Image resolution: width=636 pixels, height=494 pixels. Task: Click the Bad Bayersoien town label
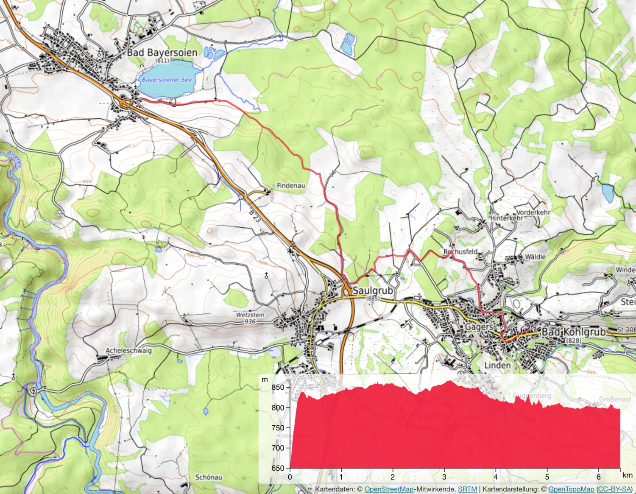pyautogui.click(x=162, y=53)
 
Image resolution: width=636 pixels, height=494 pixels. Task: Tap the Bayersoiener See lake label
pyautogui.click(x=167, y=80)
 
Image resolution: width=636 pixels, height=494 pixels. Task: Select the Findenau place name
pyautogui.click(x=290, y=185)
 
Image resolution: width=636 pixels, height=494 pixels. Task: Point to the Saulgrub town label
pyautogui.click(x=373, y=290)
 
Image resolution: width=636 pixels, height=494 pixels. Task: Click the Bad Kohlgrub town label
pyautogui.click(x=574, y=332)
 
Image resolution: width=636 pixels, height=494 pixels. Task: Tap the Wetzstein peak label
pyautogui.click(x=250, y=315)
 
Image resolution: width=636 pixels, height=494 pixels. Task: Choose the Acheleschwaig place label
pyautogui.click(x=128, y=351)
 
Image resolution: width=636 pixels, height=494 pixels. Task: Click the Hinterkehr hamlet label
pyautogui.click(x=506, y=218)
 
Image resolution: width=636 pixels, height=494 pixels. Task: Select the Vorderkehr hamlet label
pyautogui.click(x=533, y=212)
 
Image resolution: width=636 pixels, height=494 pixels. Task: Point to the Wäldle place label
pyautogui.click(x=535, y=257)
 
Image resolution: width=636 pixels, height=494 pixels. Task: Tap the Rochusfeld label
pyautogui.click(x=460, y=251)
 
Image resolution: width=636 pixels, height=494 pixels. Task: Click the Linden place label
pyautogui.click(x=497, y=365)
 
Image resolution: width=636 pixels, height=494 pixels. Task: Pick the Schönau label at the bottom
pyautogui.click(x=209, y=477)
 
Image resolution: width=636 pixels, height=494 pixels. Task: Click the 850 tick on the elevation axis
pyautogui.click(x=278, y=387)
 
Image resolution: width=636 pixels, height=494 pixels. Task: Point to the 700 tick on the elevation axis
pyautogui.click(x=278, y=448)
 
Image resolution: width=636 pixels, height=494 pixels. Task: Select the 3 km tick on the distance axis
pyautogui.click(x=444, y=477)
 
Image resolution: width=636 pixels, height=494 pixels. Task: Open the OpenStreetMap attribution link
pyautogui.click(x=389, y=489)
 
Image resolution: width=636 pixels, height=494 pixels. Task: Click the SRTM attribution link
pyautogui.click(x=467, y=489)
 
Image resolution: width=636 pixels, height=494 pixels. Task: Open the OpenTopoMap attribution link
pyautogui.click(x=571, y=489)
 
